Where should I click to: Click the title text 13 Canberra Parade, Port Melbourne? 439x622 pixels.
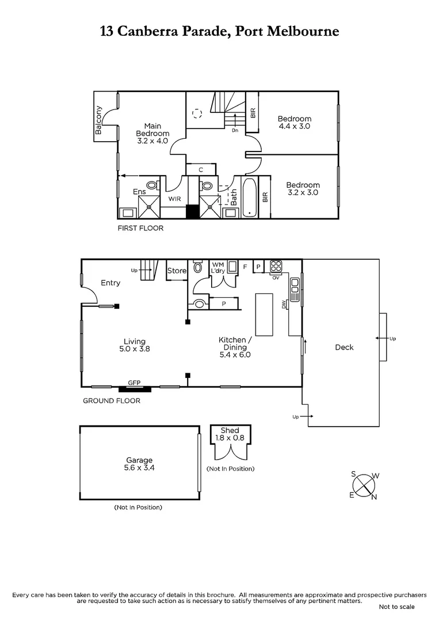[219, 32]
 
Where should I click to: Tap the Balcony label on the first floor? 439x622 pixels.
[99, 120]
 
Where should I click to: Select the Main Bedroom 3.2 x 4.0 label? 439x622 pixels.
[152, 133]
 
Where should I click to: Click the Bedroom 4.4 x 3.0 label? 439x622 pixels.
[295, 122]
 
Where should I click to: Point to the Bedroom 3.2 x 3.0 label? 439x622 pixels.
[303, 189]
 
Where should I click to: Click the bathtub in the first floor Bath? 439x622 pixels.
[250, 198]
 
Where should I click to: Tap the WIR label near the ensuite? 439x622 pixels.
[175, 199]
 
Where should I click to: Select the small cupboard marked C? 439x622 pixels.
[201, 169]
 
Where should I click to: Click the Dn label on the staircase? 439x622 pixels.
[235, 131]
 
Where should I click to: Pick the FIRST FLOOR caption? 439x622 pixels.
[140, 228]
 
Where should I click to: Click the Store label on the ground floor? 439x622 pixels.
[177, 271]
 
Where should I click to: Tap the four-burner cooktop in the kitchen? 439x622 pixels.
[276, 266]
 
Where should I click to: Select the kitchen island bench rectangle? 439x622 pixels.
[264, 314]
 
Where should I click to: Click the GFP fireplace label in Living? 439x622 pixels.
[134, 382]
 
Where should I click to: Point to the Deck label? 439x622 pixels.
[344, 347]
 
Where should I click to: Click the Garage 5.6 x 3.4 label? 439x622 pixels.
[140, 464]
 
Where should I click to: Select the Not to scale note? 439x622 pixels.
[396, 607]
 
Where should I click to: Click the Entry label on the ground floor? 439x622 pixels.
[110, 283]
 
